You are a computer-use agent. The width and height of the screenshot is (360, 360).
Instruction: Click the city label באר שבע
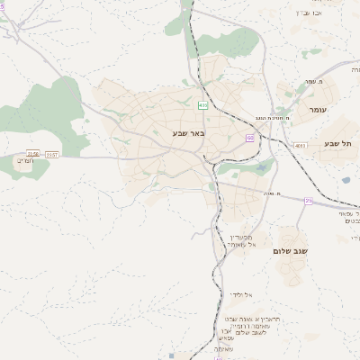(190, 132)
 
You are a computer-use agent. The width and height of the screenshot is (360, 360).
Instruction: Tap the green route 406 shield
(203, 105)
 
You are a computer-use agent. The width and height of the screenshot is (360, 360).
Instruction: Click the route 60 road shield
(249, 137)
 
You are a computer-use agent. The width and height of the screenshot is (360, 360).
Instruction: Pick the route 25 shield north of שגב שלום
(309, 201)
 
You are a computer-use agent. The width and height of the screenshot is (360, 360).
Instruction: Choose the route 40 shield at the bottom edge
(206, 356)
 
